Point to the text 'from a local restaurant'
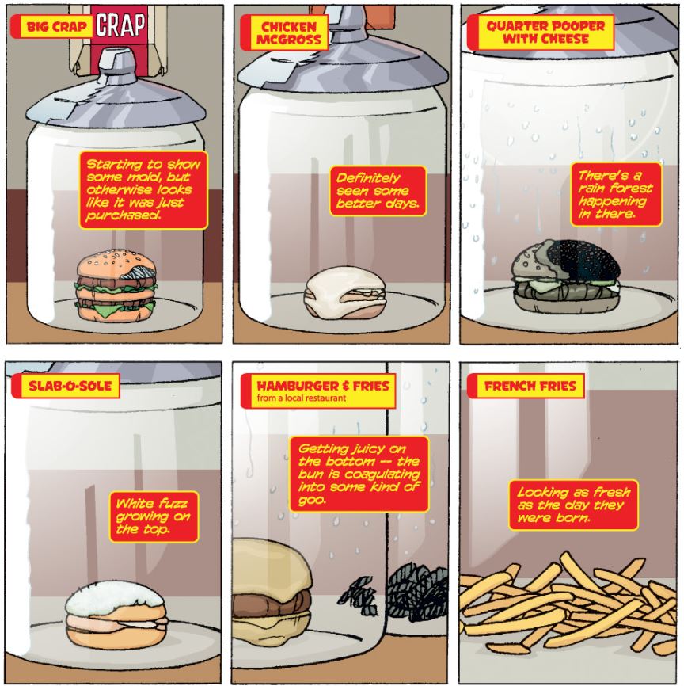302,398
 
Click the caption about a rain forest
616,194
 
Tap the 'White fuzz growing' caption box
154,516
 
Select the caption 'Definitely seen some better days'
378,191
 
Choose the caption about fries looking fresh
573,505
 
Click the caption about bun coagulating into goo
359,474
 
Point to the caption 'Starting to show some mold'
143,190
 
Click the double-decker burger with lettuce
116,286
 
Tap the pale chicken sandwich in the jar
344,292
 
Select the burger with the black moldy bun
566,276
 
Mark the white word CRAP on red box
120,25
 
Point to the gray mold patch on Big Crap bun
139,272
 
